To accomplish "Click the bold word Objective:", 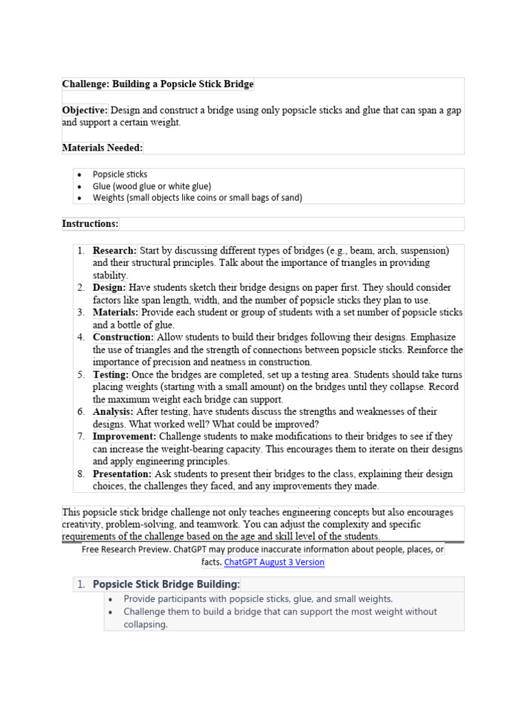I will coord(85,110).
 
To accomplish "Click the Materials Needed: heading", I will coord(102,147).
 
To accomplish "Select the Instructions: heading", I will coord(90,223).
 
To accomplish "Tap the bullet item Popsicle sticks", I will coord(120,174).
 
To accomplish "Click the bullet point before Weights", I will coord(79,198).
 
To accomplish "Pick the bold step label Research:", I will coord(115,250).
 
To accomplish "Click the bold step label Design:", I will coord(110,287).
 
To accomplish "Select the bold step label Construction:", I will coord(124,337).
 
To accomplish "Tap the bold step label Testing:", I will coord(111,374).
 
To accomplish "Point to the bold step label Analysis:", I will coord(114,411).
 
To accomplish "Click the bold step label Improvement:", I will coord(125,436).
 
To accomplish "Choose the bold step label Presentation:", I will coord(123,474).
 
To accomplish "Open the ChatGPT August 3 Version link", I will coord(274,562).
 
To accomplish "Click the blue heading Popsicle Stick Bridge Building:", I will coord(166,584).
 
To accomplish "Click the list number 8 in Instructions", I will coord(80,474).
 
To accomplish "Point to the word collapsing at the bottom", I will coord(145,625).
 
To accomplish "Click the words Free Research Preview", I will coord(125,550).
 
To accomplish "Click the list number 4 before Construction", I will coord(80,337).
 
